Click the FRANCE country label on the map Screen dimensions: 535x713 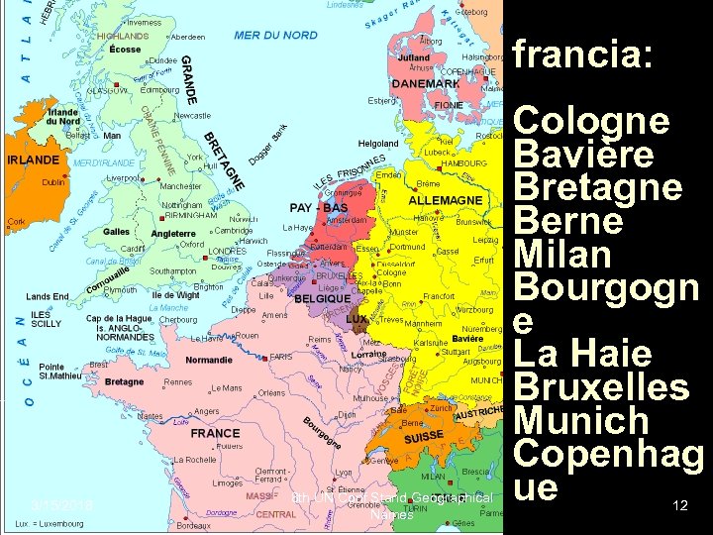click(x=215, y=433)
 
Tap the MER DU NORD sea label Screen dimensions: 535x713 click(x=275, y=36)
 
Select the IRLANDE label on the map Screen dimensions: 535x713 click(x=33, y=159)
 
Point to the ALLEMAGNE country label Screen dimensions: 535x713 click(x=447, y=199)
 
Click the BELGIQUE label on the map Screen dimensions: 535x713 click(x=324, y=298)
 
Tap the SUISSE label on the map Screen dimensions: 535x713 click(x=423, y=436)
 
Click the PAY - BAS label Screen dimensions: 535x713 click(x=318, y=207)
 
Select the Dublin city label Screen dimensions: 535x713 click(x=54, y=182)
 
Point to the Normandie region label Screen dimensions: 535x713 click(x=209, y=360)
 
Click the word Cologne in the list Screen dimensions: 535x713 click(x=593, y=123)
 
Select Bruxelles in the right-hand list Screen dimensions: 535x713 click(x=602, y=386)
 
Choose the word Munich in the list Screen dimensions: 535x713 click(x=582, y=420)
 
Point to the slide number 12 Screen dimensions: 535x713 click(x=679, y=505)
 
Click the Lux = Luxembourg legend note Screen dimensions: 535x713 click(x=50, y=522)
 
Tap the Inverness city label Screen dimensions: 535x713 click(x=116, y=22)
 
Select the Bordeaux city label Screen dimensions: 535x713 click(x=193, y=526)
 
